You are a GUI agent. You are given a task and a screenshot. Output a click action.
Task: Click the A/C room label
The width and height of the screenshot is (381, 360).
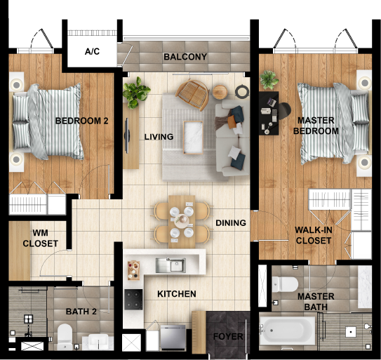pyautogui.click(x=92, y=51)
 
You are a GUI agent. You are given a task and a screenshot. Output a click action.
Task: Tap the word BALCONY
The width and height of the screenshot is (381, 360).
pyautogui.click(x=185, y=57)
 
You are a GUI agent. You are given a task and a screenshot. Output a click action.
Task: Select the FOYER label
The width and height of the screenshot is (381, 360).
pyautogui.click(x=228, y=337)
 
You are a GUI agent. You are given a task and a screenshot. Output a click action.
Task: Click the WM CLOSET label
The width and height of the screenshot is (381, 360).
pyautogui.click(x=40, y=238)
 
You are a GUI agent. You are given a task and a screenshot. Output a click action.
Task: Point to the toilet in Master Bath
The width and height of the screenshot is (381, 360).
pyautogui.click(x=285, y=284)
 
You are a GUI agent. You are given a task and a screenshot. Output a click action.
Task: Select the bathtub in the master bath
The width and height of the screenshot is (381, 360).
pyautogui.click(x=287, y=331)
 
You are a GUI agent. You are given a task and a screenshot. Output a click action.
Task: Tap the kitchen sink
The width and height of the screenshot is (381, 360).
pyautogui.click(x=171, y=265)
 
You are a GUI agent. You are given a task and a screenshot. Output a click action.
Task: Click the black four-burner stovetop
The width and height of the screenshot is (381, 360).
pyautogui.click(x=133, y=300)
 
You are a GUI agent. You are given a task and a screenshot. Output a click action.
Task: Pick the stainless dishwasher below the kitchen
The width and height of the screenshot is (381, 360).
pyautogui.click(x=173, y=338)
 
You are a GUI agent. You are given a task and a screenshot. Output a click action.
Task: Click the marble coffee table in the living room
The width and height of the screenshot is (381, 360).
pyautogui.click(x=193, y=138)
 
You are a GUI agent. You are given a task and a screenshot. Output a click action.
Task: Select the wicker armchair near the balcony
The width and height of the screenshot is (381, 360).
pyautogui.click(x=192, y=94)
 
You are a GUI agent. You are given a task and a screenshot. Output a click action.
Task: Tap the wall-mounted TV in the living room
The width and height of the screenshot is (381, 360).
pyautogui.click(x=126, y=135)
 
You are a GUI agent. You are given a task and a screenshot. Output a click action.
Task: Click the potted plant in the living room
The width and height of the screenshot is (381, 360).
pyautogui.click(x=135, y=93)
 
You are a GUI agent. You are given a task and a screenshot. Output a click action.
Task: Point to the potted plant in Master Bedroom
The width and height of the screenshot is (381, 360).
pyautogui.click(x=269, y=80)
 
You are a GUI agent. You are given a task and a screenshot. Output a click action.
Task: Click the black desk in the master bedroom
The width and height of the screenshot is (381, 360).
pyautogui.click(x=269, y=113)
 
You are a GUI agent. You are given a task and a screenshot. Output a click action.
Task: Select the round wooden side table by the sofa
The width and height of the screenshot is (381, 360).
pyautogui.click(x=220, y=92)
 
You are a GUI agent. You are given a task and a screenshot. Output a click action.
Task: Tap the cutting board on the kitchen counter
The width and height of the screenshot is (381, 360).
pyautogui.click(x=133, y=270)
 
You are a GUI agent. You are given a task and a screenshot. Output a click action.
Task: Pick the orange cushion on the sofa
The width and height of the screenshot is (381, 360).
pyautogui.click(x=232, y=122)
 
